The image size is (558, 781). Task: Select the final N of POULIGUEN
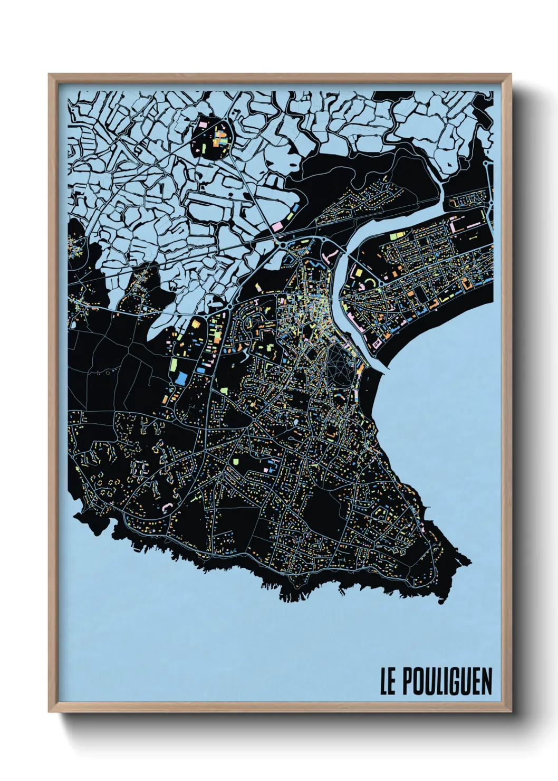pos(486,682)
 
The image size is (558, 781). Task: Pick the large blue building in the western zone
pos(180,378)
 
